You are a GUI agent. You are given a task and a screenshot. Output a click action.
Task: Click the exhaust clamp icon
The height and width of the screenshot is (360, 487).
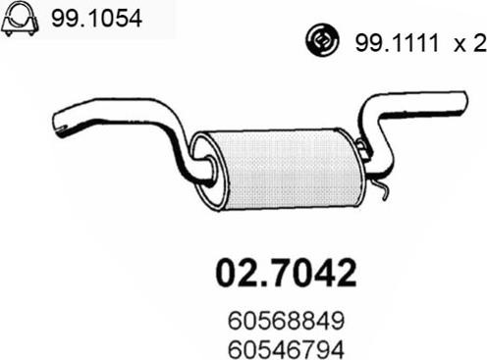pyautogui.click(x=20, y=20)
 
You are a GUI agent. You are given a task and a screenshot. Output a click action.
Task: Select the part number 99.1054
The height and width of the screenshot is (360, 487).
pyautogui.click(x=96, y=19)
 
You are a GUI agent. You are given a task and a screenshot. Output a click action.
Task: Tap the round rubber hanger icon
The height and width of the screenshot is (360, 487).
pyautogui.click(x=323, y=40)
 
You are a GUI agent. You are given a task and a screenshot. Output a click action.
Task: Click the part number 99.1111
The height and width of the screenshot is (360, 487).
pyautogui.click(x=397, y=43)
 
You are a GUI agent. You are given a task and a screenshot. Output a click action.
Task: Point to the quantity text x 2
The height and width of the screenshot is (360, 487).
pyautogui.click(x=470, y=44)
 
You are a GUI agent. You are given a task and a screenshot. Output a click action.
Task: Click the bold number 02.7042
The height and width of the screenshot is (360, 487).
pyautogui.click(x=286, y=273)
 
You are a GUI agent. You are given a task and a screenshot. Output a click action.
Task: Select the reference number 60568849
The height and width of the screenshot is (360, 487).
pyautogui.click(x=286, y=321)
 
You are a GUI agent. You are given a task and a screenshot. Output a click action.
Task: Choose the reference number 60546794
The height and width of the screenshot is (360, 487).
pyautogui.click(x=286, y=349)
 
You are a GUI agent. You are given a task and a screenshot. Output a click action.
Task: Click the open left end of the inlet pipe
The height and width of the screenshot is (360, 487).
pyautogui.click(x=58, y=124)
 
